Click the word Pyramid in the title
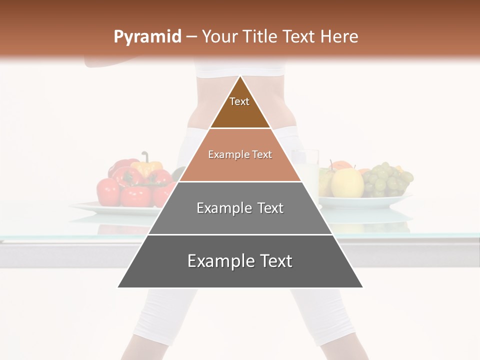147,37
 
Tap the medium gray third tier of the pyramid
240,220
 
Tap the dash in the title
191,37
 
